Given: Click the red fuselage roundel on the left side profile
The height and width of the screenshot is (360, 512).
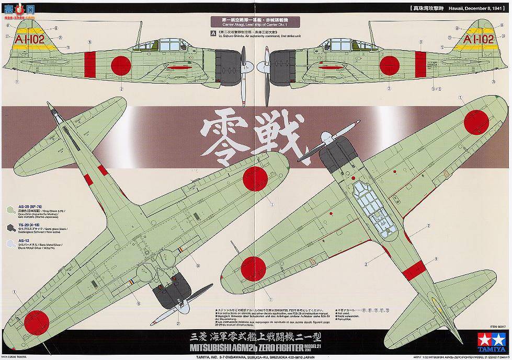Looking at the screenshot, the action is (x=121, y=64).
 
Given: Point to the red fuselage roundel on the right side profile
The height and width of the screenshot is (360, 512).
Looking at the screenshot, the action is (x=389, y=65).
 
